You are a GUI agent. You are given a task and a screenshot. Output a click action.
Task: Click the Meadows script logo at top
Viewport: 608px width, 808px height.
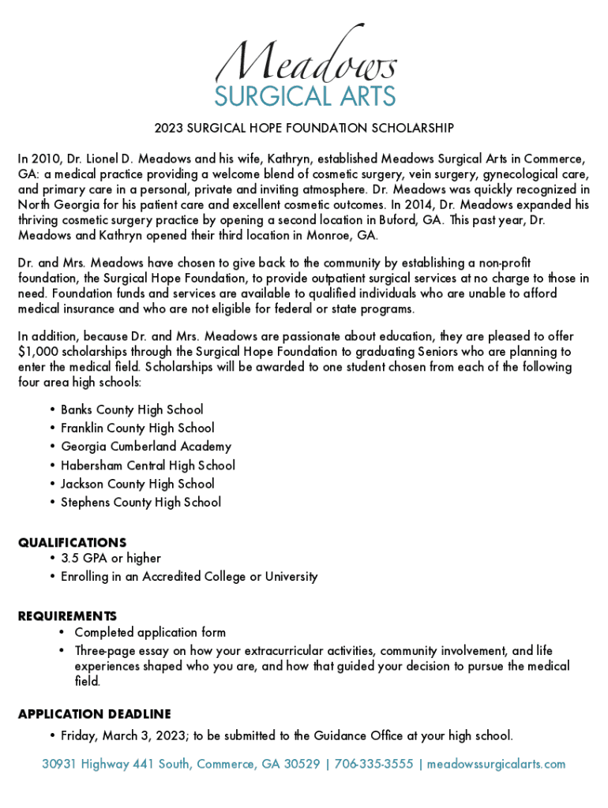coord(304,55)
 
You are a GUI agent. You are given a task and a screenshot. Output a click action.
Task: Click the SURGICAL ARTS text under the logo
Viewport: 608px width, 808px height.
coord(305,96)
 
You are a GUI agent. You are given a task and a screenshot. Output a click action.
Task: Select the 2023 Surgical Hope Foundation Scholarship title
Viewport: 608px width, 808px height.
coord(304,128)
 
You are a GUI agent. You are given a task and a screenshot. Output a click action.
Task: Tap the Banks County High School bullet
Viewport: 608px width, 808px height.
coord(132,410)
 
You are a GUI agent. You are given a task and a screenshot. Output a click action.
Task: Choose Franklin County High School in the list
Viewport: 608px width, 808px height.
coord(137,428)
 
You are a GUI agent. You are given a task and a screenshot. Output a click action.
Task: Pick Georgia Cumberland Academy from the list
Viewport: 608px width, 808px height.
coord(146,447)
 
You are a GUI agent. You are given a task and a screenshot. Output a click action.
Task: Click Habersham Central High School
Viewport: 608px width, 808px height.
coord(148,466)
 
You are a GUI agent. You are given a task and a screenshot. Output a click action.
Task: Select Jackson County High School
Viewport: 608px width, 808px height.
coord(137,484)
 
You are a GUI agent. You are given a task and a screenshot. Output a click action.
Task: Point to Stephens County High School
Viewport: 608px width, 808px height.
coord(141,502)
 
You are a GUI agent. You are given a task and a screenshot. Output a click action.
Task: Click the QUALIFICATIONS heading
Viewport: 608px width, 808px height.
coord(72,543)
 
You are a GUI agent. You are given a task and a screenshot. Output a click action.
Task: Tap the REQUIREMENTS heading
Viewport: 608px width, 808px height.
coord(67,615)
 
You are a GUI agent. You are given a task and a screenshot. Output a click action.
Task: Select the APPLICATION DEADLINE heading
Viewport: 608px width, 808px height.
coord(94,714)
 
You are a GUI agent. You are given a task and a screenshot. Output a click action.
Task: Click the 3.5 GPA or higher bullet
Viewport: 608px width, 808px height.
coord(111,559)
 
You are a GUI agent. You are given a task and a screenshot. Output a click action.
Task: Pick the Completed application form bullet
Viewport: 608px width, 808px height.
coord(150,632)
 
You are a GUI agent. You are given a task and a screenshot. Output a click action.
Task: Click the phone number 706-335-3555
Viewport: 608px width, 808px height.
coord(373,764)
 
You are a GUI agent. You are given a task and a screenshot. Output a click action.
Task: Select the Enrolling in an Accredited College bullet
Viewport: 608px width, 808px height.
coord(190,577)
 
